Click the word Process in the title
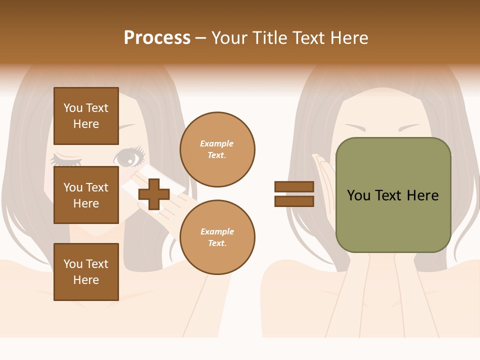pyautogui.click(x=157, y=37)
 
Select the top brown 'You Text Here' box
pyautogui.click(x=86, y=116)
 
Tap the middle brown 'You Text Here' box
pyautogui.click(x=86, y=195)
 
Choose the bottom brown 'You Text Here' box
pyautogui.click(x=86, y=271)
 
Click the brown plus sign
pyautogui.click(x=154, y=194)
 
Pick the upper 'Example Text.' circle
pyautogui.click(x=217, y=149)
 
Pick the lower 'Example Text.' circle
pyautogui.click(x=217, y=237)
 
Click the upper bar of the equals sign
pyautogui.click(x=294, y=186)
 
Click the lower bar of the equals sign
pyautogui.click(x=294, y=201)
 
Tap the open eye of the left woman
pyautogui.click(x=128, y=158)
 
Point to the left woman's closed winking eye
pyautogui.click(x=66, y=161)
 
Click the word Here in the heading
pyautogui.click(x=349, y=38)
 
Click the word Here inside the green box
pyautogui.click(x=422, y=195)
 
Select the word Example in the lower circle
pyautogui.click(x=217, y=231)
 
